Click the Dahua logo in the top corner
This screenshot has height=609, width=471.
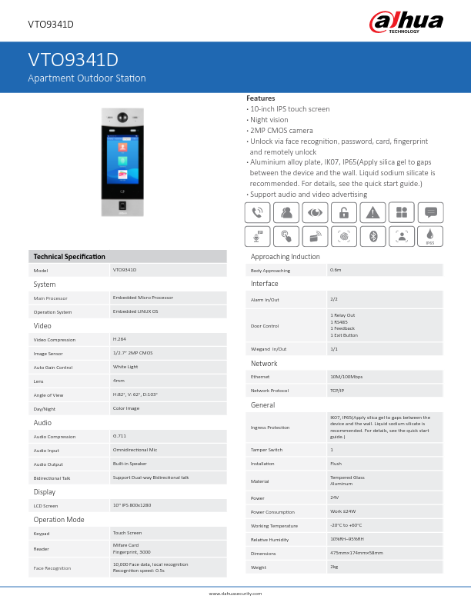point(406,22)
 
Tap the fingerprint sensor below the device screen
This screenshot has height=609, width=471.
point(122,207)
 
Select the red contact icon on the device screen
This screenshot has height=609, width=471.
point(122,146)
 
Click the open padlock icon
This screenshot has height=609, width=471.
point(344,213)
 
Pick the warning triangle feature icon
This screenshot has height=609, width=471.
point(372,213)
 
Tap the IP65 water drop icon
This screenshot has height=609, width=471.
point(430,236)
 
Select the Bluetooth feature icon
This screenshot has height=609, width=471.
point(372,236)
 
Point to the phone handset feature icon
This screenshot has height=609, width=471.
point(257,213)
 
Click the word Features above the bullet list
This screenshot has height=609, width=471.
point(260,98)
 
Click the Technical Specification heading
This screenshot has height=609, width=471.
point(69,256)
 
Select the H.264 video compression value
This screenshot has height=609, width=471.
point(119,338)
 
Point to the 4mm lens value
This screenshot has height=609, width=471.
point(119,380)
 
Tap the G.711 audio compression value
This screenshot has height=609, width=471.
point(119,436)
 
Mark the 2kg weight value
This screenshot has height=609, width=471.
point(334,567)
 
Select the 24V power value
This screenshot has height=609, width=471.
point(335,498)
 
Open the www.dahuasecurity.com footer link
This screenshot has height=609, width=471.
point(235,594)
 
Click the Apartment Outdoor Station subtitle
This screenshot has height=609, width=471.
point(87,78)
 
